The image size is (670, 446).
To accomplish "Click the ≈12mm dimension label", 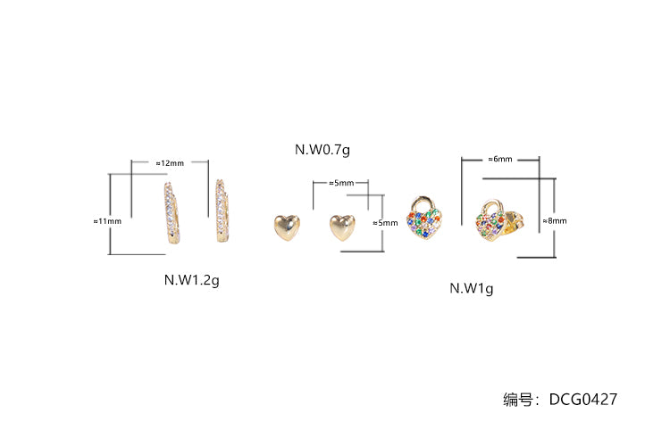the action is pos(170,163).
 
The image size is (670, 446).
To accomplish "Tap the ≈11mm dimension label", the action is pos(107,221).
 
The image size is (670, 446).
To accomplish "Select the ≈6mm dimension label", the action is pos(500,159).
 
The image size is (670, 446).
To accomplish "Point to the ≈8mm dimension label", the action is pos(555,220).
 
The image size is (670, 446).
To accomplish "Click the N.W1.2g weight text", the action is pos(191,280).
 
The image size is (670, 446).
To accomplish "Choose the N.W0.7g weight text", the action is pos(322,149).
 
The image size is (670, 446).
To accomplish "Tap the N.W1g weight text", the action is pos(472,288).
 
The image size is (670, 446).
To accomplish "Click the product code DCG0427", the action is pos(582,400).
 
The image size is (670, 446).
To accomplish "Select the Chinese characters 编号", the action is pos(517,400).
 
